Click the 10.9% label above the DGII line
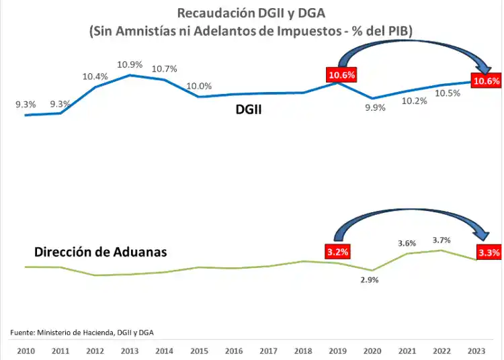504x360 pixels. tap(129, 64)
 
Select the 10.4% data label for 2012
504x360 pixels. tap(95, 77)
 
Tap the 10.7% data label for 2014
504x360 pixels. tap(164, 69)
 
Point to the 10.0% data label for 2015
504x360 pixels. tap(199, 86)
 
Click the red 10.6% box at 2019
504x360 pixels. tap(341, 75)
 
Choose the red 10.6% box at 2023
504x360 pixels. tap(487, 81)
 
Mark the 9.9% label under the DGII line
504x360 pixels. tap(375, 107)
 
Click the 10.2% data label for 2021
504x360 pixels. tap(415, 101)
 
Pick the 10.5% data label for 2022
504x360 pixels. tap(448, 93)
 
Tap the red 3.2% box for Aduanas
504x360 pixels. tap(339, 253)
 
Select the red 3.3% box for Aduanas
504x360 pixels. tap(489, 253)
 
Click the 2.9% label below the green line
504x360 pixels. tap(369, 280)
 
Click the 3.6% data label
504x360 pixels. tap(407, 243)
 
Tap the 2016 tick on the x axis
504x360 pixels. tap(233, 351)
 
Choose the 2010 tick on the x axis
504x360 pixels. tap(26, 351)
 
